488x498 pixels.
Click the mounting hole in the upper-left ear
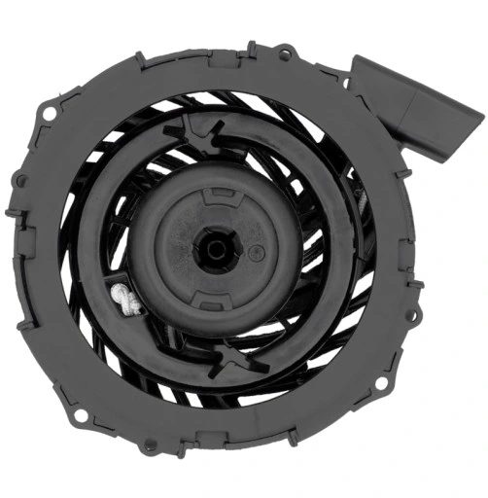tap(49, 114)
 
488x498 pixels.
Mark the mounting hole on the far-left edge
tap(19, 180)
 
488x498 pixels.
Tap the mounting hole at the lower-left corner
tap(81, 415)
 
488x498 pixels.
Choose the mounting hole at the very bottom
tap(149, 446)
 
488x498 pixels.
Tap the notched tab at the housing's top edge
tap(251, 49)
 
